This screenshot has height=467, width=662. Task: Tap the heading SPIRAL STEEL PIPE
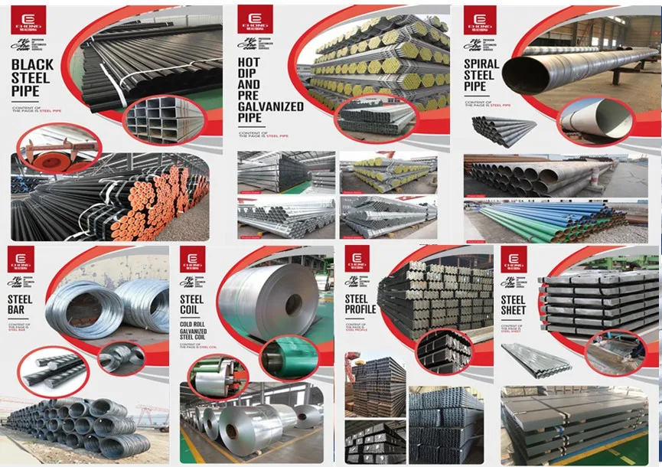point(481,76)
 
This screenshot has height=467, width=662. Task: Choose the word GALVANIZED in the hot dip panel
point(270,106)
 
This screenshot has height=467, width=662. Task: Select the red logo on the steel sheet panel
point(511,260)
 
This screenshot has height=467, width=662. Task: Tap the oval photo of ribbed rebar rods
point(52,370)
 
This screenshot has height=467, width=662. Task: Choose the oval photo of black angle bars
point(445,350)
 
